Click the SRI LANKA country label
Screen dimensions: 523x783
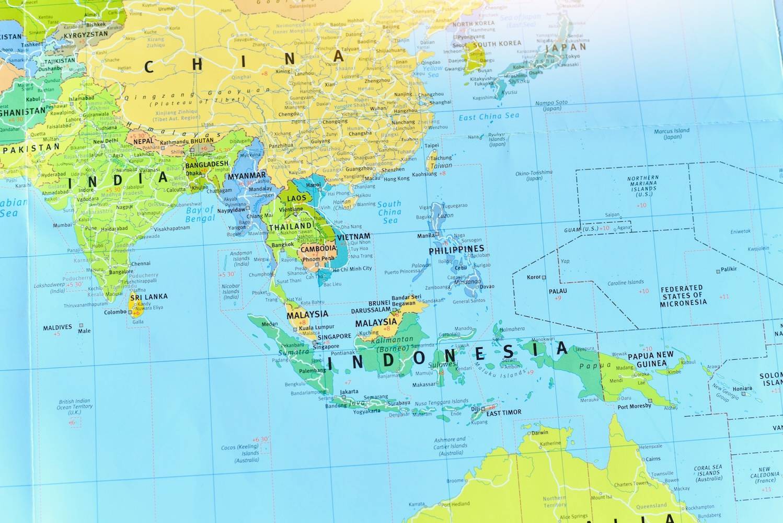[149, 297]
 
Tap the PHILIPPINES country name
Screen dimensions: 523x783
[456, 249]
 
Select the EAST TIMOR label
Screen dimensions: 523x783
[504, 413]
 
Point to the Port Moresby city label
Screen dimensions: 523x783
[635, 406]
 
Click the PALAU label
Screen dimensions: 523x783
[558, 291]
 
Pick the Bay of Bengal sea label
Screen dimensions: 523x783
[200, 214]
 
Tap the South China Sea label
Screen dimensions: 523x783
[389, 212]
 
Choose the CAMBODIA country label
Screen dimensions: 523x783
[318, 249]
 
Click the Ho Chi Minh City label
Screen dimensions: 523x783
[352, 269]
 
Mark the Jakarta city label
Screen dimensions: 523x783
[349, 391]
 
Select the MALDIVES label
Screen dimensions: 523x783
[57, 328]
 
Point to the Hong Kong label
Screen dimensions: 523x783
[397, 179]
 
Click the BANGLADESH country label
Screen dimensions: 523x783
[207, 164]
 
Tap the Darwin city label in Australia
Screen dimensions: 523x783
[540, 433]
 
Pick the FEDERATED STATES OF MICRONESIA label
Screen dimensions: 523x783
[683, 295]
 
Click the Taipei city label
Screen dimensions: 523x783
[432, 145]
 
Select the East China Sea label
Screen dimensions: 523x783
[489, 116]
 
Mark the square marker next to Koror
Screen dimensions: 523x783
[544, 277]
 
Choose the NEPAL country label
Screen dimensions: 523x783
[144, 141]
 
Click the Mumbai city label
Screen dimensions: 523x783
[62, 225]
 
